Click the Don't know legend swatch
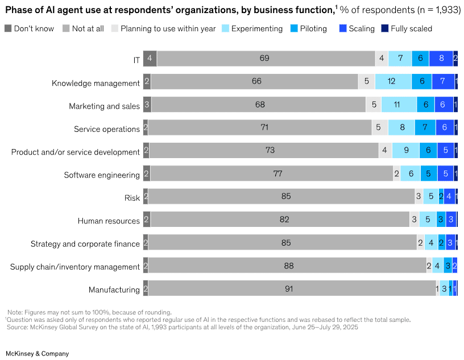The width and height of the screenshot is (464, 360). click(8, 28)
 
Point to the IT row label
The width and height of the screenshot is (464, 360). click(136, 60)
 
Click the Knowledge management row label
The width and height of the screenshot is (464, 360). click(96, 83)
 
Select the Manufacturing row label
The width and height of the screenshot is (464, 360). click(114, 289)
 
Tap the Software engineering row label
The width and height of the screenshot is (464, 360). click(102, 175)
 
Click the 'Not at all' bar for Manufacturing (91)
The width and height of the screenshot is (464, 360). click(289, 288)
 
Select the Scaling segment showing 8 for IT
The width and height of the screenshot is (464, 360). click(441, 59)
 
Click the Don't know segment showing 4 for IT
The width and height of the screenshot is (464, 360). click(150, 59)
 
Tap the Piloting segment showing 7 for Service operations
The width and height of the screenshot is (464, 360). click(425, 128)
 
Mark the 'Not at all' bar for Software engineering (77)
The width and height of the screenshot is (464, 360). click(277, 174)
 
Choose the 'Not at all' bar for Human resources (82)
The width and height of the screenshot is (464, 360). click(284, 220)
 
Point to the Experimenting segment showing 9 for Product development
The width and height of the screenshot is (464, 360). click(405, 151)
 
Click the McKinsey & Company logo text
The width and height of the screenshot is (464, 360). click(37, 353)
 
